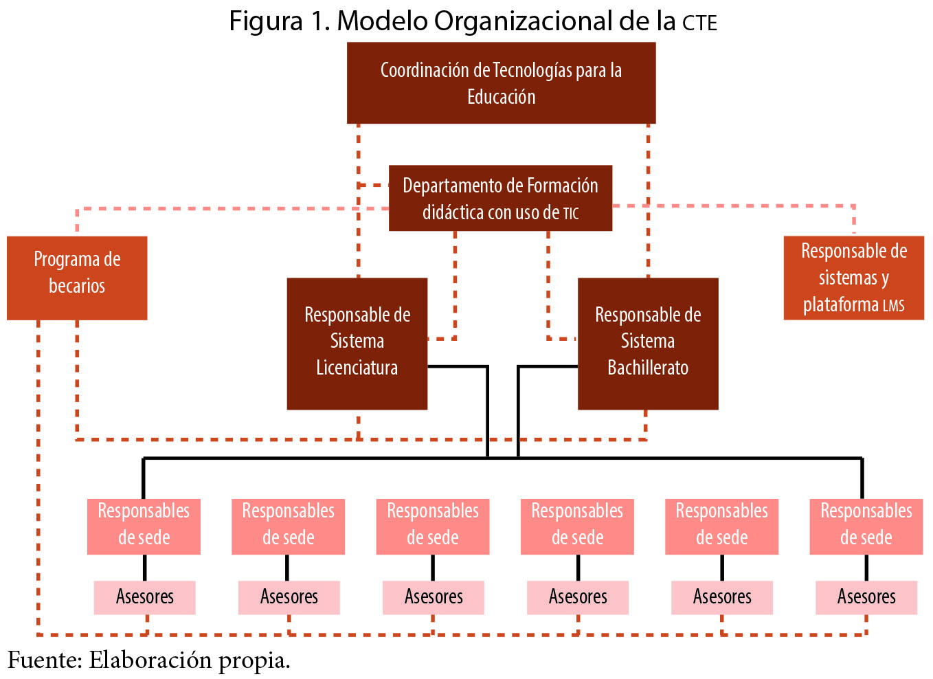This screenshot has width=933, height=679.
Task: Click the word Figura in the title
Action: click(x=265, y=21)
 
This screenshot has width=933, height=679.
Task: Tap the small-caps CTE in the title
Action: click(x=699, y=23)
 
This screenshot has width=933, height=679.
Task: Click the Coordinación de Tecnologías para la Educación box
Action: click(x=501, y=83)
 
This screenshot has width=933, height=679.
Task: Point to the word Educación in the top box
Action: click(x=501, y=97)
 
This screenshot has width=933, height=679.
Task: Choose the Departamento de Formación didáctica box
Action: click(x=500, y=198)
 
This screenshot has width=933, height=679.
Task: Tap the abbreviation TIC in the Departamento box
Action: click(x=571, y=214)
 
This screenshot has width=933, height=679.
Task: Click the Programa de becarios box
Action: click(x=77, y=278)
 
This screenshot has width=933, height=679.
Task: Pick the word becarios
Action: click(x=77, y=286)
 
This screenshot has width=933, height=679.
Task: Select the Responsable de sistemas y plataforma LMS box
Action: click(x=853, y=278)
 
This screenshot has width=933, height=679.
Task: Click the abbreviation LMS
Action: click(x=893, y=306)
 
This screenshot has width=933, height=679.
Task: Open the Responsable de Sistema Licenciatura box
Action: click(x=357, y=344)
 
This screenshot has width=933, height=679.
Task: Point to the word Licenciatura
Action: click(x=357, y=368)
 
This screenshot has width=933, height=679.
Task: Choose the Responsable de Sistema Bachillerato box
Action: click(x=647, y=344)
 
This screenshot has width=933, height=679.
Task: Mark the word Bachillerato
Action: click(x=647, y=368)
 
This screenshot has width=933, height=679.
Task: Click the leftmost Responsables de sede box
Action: click(x=144, y=526)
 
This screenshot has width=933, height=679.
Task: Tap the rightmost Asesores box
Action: click(x=866, y=597)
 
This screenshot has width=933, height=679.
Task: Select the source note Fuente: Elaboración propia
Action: click(x=149, y=660)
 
